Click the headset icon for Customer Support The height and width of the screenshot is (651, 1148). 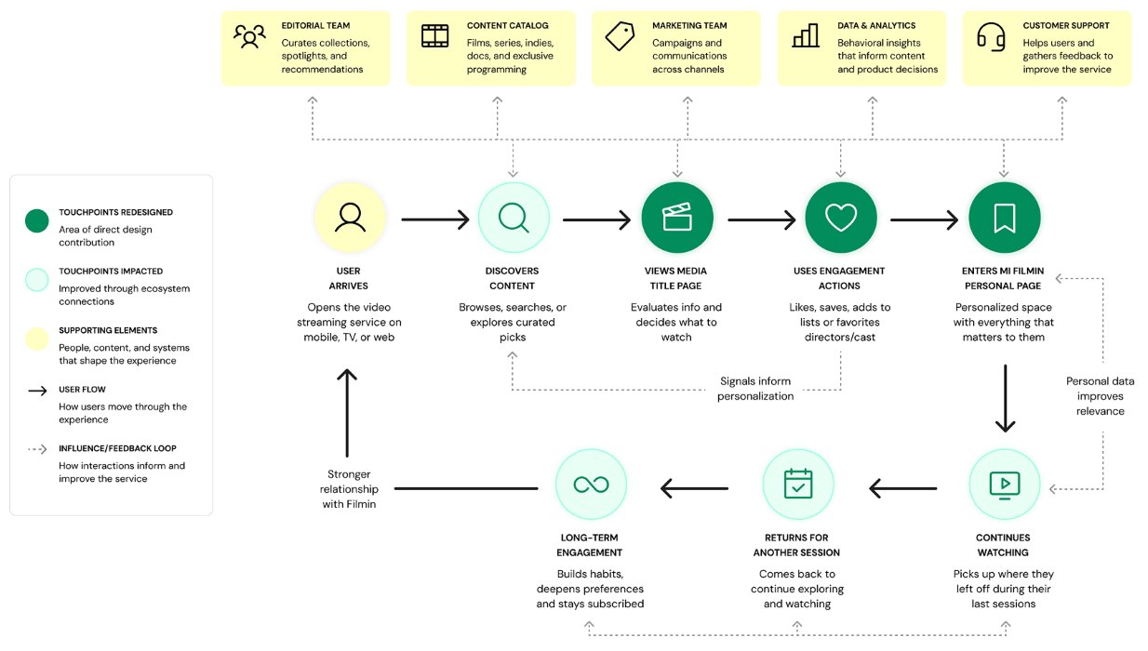[991, 36]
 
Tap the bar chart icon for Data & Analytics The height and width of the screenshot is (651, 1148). [806, 35]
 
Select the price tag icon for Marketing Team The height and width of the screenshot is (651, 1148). [620, 36]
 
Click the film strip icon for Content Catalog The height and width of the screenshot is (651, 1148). [434, 36]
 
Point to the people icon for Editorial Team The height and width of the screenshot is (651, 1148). [249, 36]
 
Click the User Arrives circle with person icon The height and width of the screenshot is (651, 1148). [350, 218]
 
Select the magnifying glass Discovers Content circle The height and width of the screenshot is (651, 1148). [514, 218]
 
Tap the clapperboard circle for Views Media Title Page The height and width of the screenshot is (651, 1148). [677, 218]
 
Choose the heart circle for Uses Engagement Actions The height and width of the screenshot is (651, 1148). [840, 218]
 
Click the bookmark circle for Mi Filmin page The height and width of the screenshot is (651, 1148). [1005, 218]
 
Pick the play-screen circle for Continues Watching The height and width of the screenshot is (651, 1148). [1005, 485]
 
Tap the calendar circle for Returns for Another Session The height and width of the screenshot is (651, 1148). [798, 485]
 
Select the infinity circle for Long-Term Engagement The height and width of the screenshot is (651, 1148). [591, 485]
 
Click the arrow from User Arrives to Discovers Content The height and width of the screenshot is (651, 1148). [435, 219]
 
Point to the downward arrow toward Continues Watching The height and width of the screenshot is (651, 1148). [1005, 398]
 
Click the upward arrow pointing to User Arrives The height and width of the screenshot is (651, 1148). [347, 413]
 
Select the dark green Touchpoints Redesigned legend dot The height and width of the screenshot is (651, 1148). [37, 220]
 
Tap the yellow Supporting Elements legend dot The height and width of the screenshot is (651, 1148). [37, 339]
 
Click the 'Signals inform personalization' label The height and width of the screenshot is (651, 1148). [754, 388]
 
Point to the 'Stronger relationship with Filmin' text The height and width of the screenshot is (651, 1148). [349, 489]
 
